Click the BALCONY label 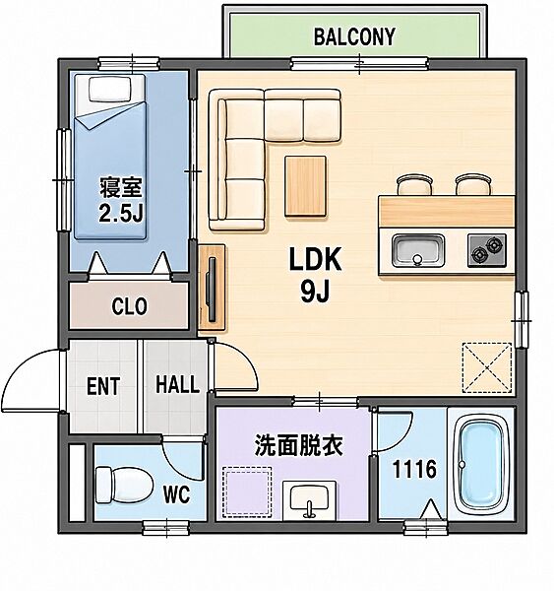point(354,37)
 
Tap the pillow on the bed point(109,89)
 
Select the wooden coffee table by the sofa point(305,186)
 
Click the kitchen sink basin point(418,250)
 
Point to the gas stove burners point(487,250)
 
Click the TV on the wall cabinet point(212,289)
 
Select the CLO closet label point(129,306)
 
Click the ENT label point(103,386)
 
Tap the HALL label point(177,384)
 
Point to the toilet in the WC point(124,485)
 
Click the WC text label point(176,494)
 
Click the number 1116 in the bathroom point(414,469)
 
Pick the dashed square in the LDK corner point(487,367)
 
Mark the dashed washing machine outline point(247,492)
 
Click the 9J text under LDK point(315,292)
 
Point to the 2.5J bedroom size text point(120,214)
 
